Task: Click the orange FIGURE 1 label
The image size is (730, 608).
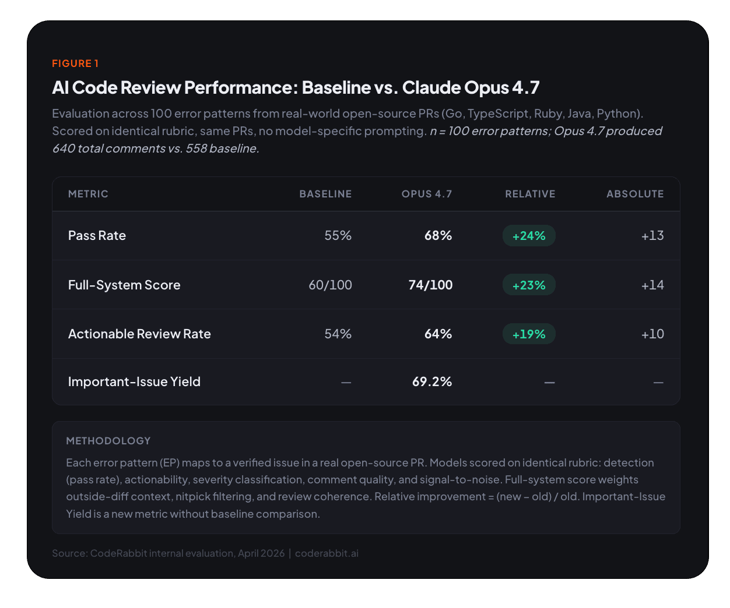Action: (x=75, y=63)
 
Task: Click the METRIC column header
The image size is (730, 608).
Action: (x=88, y=194)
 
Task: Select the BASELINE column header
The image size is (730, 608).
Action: (x=325, y=194)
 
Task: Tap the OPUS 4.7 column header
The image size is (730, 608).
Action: (x=427, y=194)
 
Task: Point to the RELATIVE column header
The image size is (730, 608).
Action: (x=530, y=194)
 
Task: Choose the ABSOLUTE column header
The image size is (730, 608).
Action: (x=635, y=194)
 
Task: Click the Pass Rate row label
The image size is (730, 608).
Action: (x=97, y=236)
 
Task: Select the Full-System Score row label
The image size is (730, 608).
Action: (x=124, y=285)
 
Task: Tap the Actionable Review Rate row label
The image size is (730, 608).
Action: (x=139, y=334)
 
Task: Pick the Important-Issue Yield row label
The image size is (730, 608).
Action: (x=134, y=382)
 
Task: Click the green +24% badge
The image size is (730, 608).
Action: (x=529, y=236)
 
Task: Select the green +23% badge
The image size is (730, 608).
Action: (x=529, y=285)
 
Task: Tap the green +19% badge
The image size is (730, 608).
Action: (x=529, y=334)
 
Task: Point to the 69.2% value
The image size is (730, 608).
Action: (x=432, y=382)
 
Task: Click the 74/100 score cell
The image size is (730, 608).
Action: (x=430, y=285)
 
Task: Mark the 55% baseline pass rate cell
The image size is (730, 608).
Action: (x=338, y=236)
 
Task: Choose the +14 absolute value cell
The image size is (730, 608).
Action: (x=652, y=285)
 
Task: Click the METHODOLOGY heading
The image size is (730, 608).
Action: (x=108, y=441)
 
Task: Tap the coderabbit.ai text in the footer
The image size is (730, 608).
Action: (x=327, y=553)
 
